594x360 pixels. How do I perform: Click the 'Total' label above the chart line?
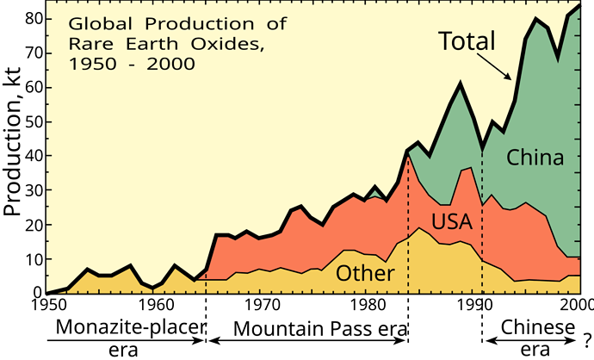(x=467, y=40)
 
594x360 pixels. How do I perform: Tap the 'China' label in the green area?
(x=535, y=158)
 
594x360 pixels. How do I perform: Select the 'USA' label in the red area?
(x=452, y=222)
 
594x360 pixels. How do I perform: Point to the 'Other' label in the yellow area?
(x=365, y=274)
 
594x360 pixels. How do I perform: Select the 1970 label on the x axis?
(x=261, y=304)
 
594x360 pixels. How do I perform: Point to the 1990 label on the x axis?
(x=473, y=304)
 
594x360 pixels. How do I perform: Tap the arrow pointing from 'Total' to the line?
(x=497, y=65)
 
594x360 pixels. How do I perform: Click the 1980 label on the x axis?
(x=367, y=304)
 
